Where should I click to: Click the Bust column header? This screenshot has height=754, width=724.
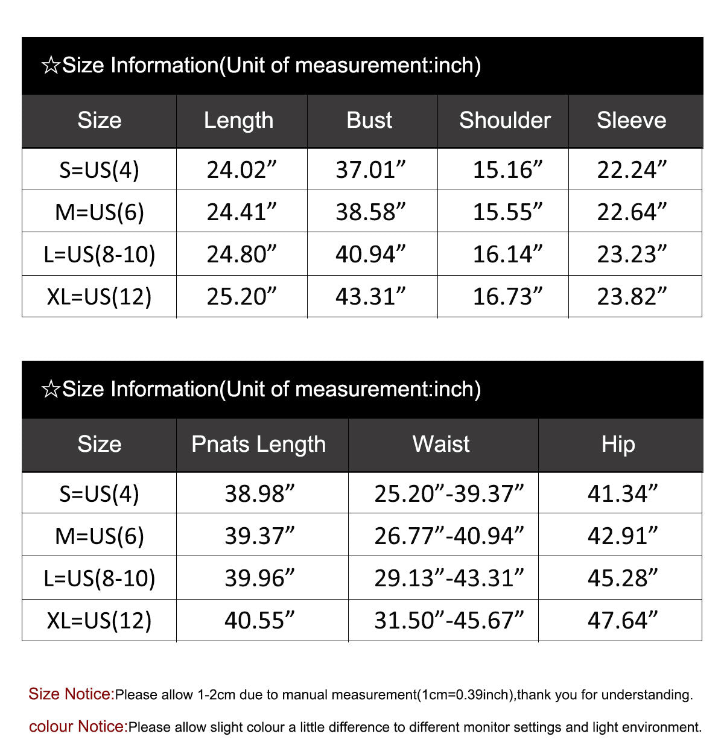click(369, 120)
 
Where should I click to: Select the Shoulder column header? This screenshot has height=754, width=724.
click(505, 120)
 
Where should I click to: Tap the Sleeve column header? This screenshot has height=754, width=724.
click(631, 120)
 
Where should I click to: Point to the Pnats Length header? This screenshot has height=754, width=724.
click(258, 444)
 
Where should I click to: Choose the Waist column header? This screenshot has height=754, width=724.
click(441, 444)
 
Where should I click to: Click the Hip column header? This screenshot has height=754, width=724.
click(618, 444)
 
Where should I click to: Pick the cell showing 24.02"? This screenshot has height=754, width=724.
click(241, 169)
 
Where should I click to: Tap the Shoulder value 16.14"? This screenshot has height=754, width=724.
click(507, 254)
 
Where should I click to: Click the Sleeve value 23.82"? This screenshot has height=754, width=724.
click(632, 296)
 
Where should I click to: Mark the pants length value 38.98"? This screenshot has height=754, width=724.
click(259, 493)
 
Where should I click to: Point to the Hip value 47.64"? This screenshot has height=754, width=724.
click(622, 620)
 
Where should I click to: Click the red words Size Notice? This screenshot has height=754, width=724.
click(71, 694)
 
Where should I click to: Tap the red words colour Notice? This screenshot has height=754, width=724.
click(78, 727)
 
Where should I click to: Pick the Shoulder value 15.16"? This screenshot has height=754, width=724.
click(507, 169)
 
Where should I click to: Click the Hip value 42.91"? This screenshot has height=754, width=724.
click(622, 536)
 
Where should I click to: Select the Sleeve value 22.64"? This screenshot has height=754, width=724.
click(632, 212)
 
